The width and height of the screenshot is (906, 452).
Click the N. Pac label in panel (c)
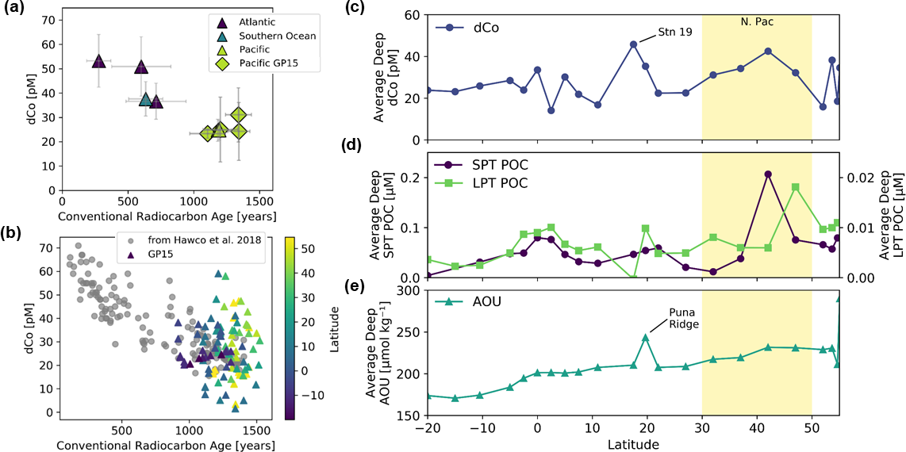click(x=756, y=23)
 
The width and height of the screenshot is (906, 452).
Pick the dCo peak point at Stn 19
click(x=634, y=44)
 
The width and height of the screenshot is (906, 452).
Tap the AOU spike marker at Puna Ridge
click(x=646, y=337)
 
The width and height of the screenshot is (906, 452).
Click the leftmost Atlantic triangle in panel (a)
click(x=98, y=61)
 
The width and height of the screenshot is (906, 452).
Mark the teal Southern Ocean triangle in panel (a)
click(x=145, y=98)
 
